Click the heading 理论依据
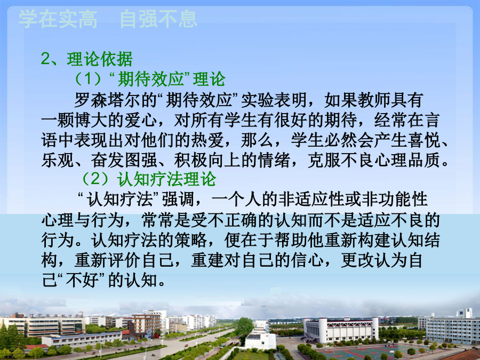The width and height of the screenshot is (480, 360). point(100,59)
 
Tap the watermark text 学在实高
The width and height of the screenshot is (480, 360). point(58,19)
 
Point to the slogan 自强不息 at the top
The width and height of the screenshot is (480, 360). point(158,19)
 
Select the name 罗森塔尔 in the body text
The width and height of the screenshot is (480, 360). point(107,100)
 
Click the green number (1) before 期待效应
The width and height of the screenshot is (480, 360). point(88,79)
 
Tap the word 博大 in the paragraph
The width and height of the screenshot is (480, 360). point(91,120)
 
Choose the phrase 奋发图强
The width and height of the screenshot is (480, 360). point(124,160)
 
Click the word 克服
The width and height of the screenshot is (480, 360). point(324,160)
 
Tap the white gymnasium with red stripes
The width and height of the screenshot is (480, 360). point(341,330)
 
